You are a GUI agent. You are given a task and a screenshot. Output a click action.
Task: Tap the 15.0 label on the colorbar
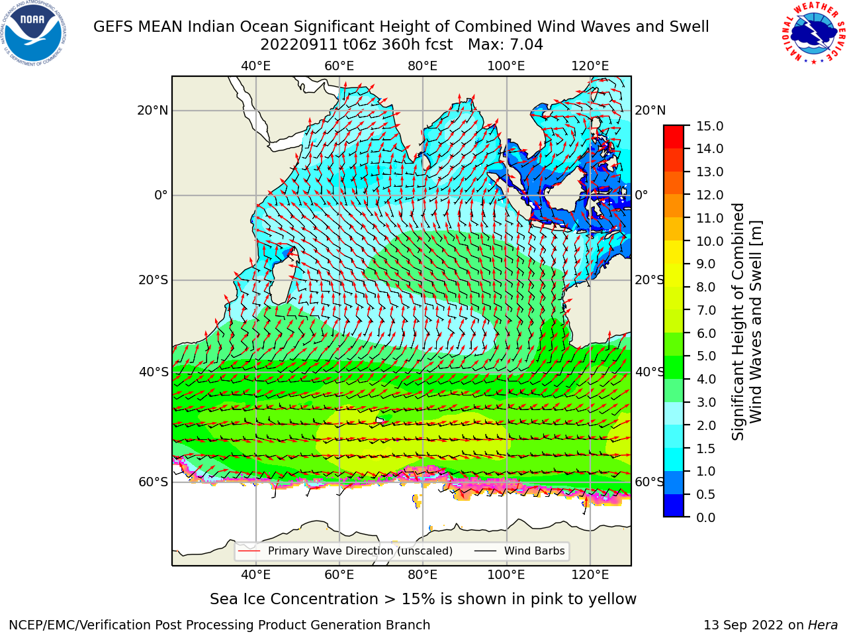(x=709, y=126)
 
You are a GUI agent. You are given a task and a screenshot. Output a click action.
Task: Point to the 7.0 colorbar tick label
(x=707, y=310)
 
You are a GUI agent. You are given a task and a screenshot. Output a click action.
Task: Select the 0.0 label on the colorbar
(x=706, y=517)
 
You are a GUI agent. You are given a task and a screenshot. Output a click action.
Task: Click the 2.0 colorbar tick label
(x=706, y=425)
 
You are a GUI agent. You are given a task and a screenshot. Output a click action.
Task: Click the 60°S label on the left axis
(x=154, y=482)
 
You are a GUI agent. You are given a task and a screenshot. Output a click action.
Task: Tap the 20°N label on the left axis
(x=153, y=111)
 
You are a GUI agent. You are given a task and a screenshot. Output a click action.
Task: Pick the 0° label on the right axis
(x=642, y=195)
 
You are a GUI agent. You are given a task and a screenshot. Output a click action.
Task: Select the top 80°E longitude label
(x=423, y=66)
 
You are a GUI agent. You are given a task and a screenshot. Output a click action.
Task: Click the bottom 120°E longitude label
(x=590, y=575)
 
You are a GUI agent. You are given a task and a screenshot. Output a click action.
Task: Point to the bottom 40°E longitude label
(x=255, y=575)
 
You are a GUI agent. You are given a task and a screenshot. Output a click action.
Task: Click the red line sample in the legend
(x=249, y=551)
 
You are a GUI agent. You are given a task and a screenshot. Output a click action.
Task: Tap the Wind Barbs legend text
(x=535, y=551)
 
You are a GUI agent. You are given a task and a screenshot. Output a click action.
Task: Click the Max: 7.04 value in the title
(x=506, y=45)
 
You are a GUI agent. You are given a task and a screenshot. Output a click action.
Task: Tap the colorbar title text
(x=746, y=321)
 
